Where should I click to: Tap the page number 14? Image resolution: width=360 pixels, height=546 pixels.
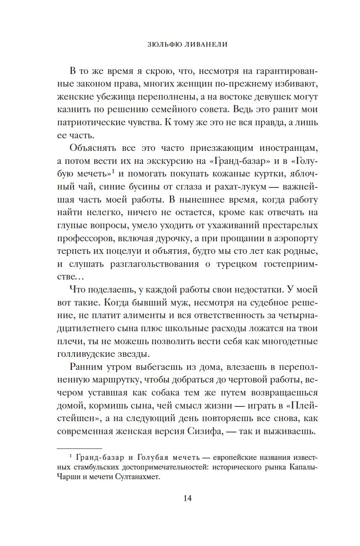pyautogui.click(x=188, y=498)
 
